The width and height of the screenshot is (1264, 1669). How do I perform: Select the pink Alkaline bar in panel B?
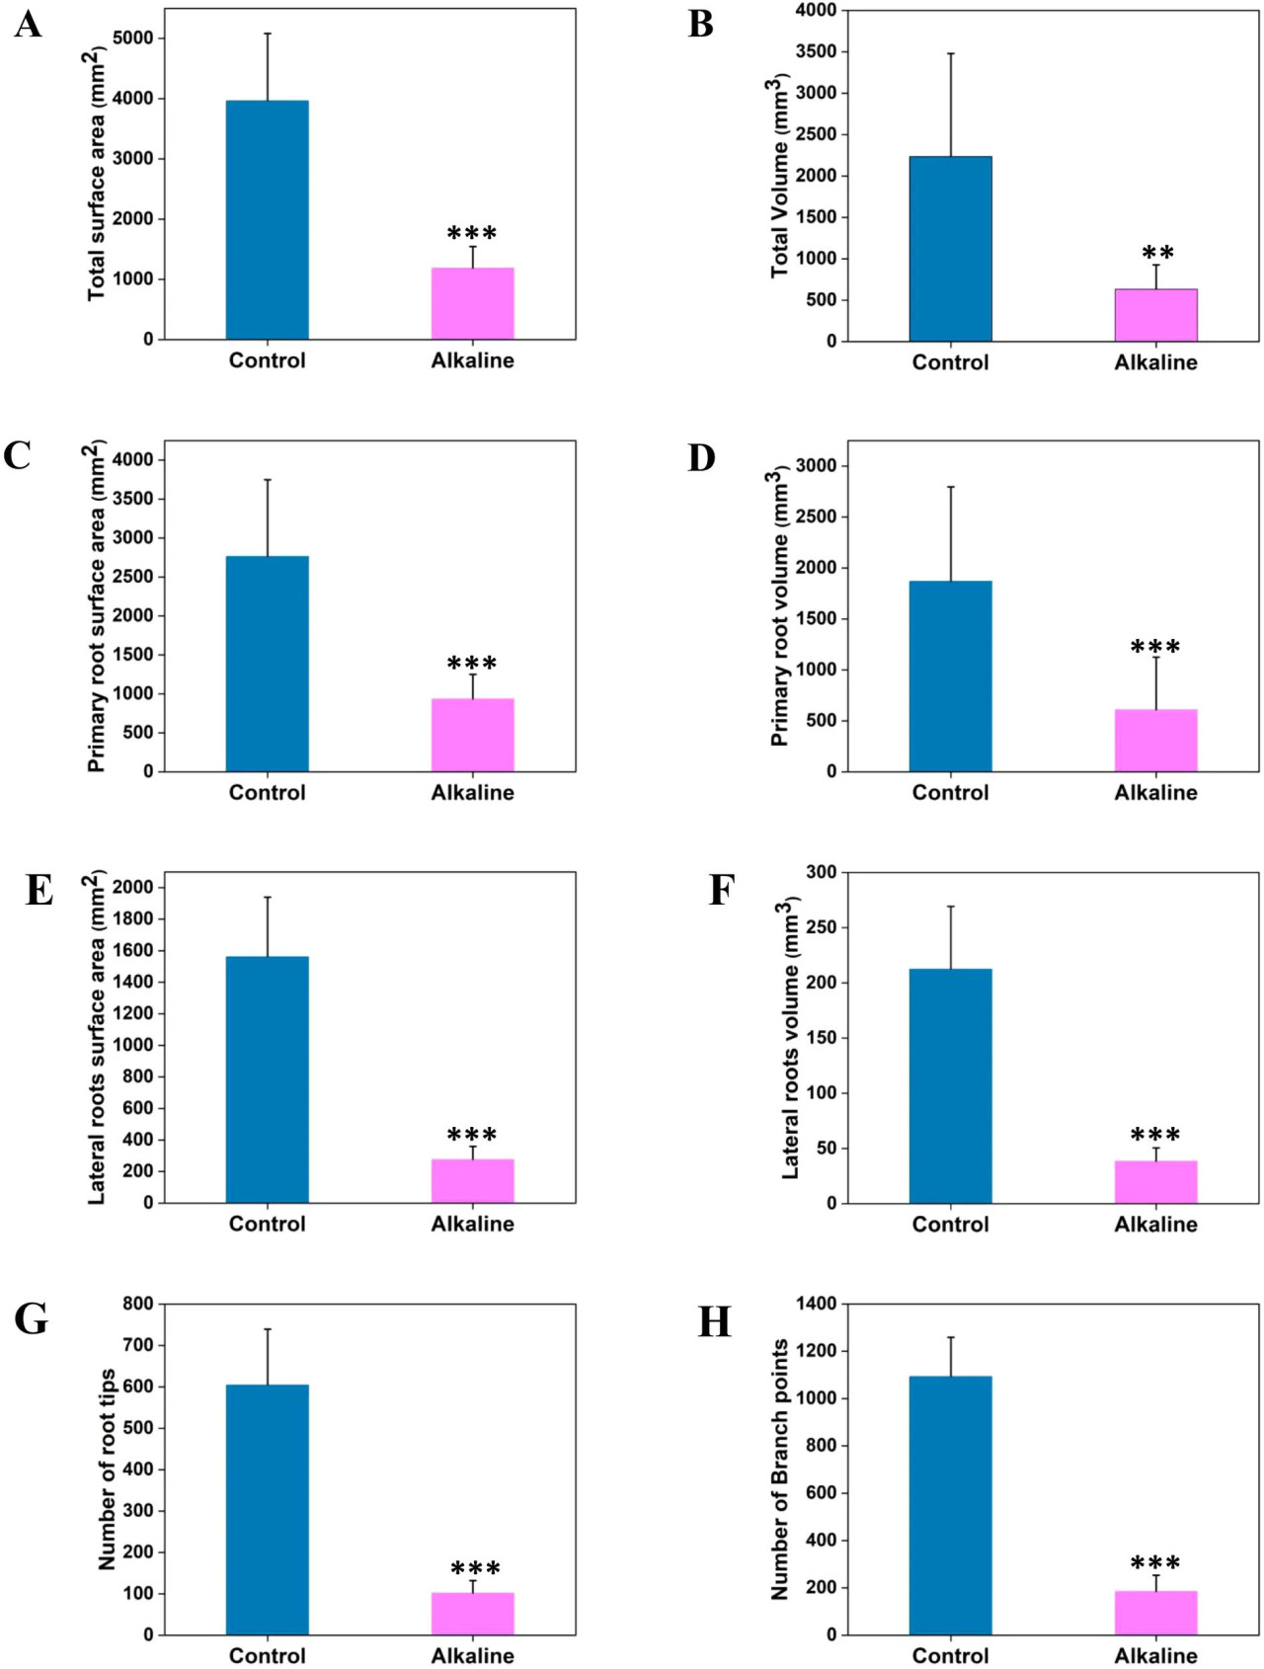click(1155, 315)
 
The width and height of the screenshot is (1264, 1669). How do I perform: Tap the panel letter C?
click(18, 456)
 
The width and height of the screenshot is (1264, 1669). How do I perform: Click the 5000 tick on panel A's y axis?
click(133, 39)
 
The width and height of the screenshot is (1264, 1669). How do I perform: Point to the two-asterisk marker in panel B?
click(1157, 253)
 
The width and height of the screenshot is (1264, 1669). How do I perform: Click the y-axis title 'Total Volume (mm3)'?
click(779, 176)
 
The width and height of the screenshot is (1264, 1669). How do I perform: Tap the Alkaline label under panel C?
click(472, 793)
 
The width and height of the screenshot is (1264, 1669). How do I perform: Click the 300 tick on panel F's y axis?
click(822, 872)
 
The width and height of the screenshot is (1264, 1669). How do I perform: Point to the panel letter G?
click(32, 1319)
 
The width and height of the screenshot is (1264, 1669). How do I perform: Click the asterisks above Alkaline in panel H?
click(1155, 1562)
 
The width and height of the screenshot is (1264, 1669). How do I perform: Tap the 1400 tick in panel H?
click(816, 1304)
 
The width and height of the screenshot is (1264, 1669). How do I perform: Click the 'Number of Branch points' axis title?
click(780, 1470)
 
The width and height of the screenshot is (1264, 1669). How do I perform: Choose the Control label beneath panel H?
click(950, 1656)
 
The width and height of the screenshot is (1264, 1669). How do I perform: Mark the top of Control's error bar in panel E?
click(267, 897)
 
